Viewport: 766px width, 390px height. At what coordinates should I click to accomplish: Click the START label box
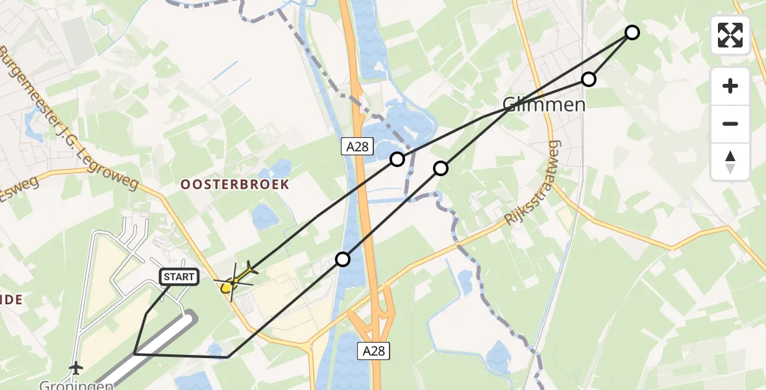click(179, 277)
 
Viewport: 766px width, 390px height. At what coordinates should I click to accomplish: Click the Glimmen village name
click(544, 105)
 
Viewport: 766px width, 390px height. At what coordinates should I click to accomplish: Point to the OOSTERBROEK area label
click(234, 185)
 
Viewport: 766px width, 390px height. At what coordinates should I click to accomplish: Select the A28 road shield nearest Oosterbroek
click(357, 147)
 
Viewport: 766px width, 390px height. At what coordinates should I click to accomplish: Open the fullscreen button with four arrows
click(730, 35)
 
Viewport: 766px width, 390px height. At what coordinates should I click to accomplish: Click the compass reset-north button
click(730, 161)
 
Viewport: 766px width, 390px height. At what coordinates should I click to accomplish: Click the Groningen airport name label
click(69, 385)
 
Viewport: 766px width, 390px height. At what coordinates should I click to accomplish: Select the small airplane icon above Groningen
click(77, 367)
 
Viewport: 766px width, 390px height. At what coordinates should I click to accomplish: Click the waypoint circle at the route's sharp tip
click(632, 32)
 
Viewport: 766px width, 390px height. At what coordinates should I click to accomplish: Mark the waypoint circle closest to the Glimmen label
click(588, 79)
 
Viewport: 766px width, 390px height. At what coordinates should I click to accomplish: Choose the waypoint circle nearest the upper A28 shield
click(397, 159)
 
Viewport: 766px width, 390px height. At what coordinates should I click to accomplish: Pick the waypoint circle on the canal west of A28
click(342, 259)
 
